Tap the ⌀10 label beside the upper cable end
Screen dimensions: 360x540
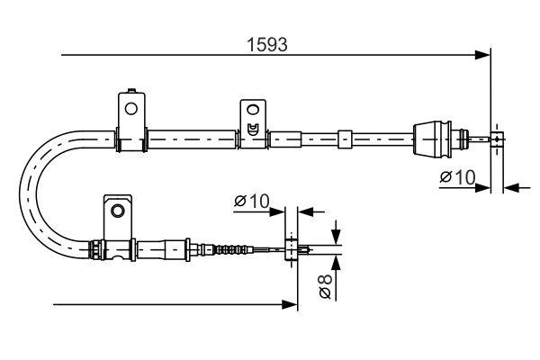(457, 177)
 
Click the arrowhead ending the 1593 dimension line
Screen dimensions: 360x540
(484, 56)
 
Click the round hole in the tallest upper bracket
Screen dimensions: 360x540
(131, 109)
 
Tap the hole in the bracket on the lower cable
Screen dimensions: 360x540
(115, 211)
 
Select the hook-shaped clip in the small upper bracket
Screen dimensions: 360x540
(253, 128)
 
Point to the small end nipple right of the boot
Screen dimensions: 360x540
(495, 139)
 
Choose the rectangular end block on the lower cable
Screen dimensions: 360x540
(291, 250)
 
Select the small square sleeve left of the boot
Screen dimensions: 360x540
(343, 139)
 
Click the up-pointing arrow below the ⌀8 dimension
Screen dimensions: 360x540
(335, 263)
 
